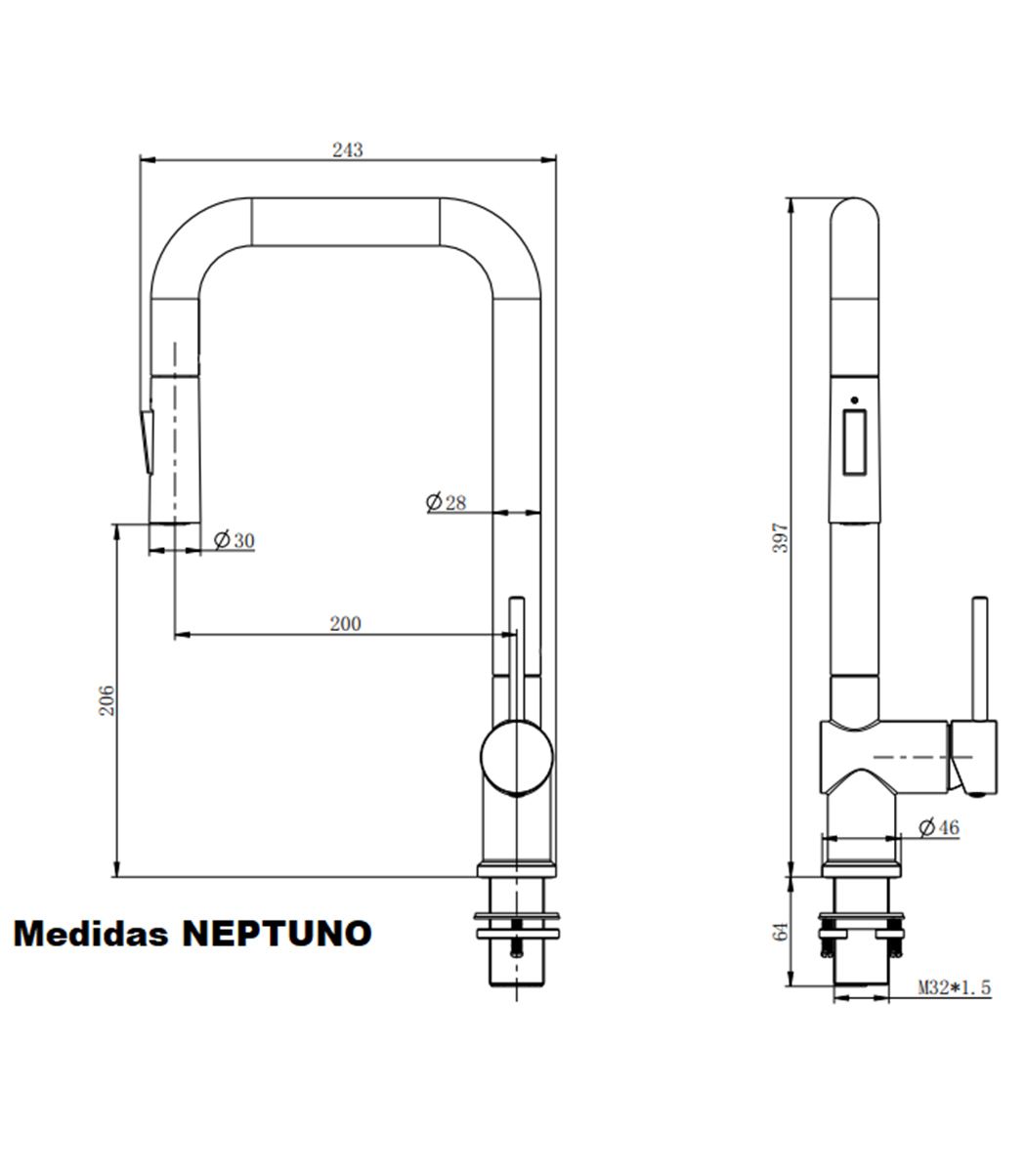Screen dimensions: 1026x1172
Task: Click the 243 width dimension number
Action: coord(347,150)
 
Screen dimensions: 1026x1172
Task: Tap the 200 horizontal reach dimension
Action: coord(345,624)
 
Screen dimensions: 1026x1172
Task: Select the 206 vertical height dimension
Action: coord(107,700)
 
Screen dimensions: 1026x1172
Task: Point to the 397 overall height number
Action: coord(782,538)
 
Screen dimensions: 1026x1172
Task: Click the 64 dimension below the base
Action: coord(782,932)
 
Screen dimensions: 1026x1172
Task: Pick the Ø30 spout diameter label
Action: coord(234,540)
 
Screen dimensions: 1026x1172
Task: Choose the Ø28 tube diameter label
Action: coord(446,502)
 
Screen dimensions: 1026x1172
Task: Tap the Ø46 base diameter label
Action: coord(939,827)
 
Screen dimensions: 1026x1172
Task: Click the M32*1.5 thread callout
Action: coord(955,987)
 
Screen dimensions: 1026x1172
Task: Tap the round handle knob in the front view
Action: coord(517,757)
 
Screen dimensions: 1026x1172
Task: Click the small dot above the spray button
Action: coord(855,400)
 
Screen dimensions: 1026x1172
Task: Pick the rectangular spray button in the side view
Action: coord(855,442)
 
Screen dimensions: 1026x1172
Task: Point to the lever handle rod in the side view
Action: coord(979,658)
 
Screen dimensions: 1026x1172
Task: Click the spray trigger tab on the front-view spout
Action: coord(147,441)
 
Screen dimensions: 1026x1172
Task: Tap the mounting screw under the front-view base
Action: coord(517,939)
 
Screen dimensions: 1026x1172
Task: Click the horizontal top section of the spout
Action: coord(346,222)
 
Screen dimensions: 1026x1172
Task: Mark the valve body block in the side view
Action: coord(884,757)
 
